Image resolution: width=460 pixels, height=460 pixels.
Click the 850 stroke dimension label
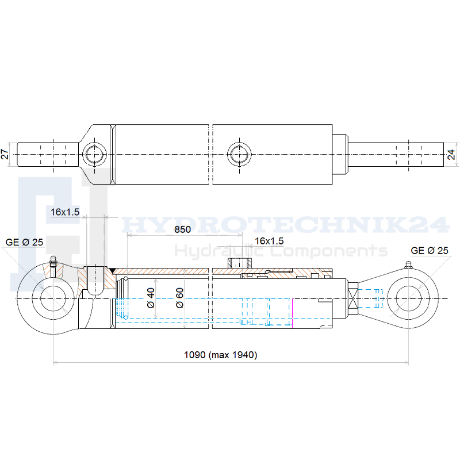(182, 229)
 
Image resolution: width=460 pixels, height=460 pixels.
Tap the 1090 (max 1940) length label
(221, 355)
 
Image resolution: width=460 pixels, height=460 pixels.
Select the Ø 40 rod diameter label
(151, 298)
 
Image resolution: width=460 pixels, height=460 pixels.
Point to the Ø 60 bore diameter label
(179, 298)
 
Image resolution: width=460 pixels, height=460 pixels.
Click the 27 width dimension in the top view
(5, 154)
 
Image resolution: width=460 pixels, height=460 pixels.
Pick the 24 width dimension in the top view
(451, 154)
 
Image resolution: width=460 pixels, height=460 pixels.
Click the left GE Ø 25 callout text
(24, 242)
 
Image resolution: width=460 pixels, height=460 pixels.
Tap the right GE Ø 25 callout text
(430, 251)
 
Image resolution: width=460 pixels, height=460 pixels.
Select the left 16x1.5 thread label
(65, 212)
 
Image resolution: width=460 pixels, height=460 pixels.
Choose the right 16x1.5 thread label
(269, 241)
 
